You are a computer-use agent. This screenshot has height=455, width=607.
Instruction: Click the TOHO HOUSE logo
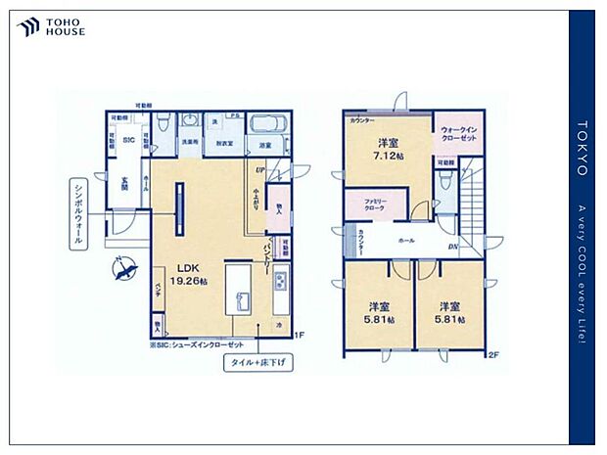(x=52, y=27)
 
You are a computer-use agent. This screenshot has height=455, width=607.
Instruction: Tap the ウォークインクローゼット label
(x=458, y=134)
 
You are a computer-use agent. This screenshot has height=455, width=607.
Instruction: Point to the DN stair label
(x=454, y=247)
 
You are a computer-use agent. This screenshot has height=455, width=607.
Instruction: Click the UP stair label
(x=261, y=169)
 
